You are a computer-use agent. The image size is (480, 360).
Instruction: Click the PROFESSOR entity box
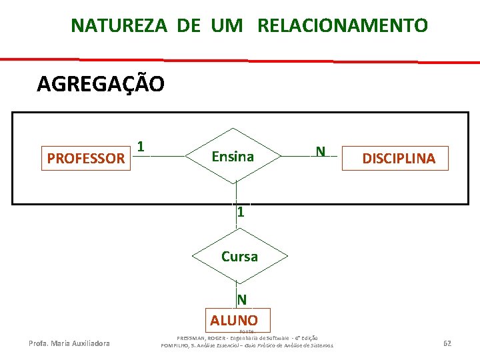click(86, 158)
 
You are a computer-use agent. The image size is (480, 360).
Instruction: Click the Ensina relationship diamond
click(233, 157)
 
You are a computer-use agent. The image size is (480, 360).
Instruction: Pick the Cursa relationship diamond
click(239, 256)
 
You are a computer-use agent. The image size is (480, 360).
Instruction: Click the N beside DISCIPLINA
click(321, 151)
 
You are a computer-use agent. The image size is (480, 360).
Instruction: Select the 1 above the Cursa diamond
click(240, 213)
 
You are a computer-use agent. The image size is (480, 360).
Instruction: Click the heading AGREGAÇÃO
click(101, 85)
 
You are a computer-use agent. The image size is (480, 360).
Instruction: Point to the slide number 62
click(447, 343)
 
